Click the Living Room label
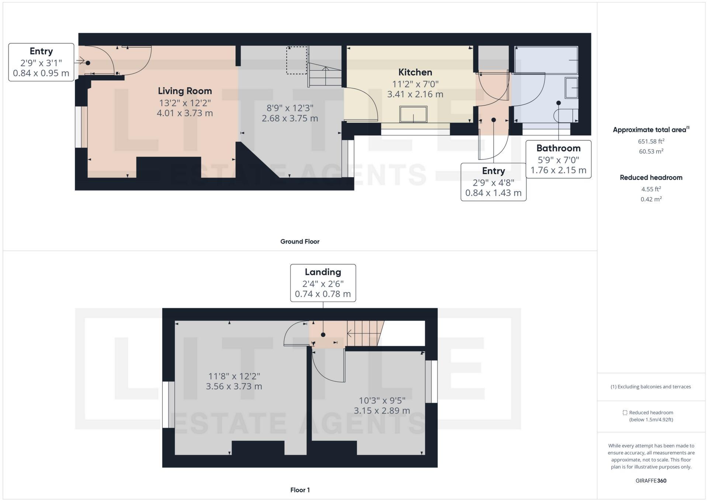185,91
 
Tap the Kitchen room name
415,72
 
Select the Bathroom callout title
558,148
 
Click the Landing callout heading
323,272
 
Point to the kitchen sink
413,114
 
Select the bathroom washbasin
571,88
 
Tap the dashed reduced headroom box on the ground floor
297,60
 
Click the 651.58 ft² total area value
651,141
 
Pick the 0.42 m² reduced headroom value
651,199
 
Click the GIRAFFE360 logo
651,481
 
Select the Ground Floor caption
300,241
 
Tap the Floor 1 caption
300,490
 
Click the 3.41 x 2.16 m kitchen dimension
415,94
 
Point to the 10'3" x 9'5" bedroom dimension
382,401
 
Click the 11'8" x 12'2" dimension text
234,376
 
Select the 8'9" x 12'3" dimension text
290,108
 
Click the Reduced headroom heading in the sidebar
651,178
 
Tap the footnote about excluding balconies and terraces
651,387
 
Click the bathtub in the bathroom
546,60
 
